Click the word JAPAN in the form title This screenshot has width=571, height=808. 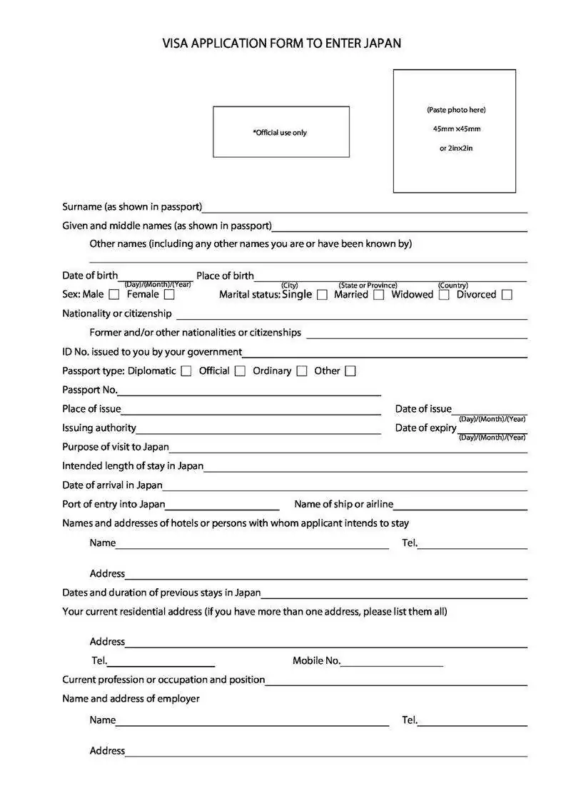coord(383,44)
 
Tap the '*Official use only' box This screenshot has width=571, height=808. coord(281,132)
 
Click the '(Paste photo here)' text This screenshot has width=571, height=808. coord(456,110)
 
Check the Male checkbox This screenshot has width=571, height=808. coord(114,294)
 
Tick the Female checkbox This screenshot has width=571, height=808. coord(169,294)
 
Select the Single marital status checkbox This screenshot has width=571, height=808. coord(322,295)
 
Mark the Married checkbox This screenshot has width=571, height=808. coord(378,295)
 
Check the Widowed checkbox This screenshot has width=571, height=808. coord(444,295)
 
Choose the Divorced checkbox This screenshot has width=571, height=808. coord(507,295)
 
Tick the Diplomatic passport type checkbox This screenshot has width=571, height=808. coord(186,371)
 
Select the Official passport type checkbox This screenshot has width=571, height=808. coord(240,371)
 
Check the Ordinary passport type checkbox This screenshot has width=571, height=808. coord(302,371)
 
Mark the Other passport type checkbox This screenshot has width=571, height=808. coord(350,371)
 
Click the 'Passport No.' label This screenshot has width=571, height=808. coord(90,390)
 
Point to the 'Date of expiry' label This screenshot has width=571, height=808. coord(425,428)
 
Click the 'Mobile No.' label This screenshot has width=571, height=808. coord(316,661)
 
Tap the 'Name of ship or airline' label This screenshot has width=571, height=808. coord(343,504)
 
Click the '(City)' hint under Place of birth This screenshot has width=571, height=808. coord(289,286)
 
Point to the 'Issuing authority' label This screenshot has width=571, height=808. coord(99,428)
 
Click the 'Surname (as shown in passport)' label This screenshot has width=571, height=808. coord(132,207)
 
